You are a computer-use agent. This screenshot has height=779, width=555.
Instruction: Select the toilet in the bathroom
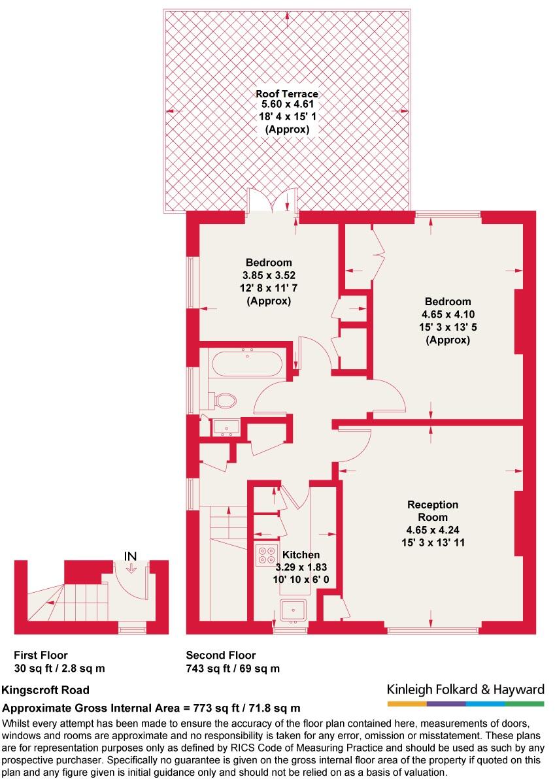point(224,400)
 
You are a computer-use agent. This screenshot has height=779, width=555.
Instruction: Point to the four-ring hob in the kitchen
point(266,554)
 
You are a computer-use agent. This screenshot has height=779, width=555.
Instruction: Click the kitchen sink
point(292,610)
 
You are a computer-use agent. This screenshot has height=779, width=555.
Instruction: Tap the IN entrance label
point(131,556)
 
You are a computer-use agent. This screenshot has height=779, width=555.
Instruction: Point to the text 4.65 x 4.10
point(448,314)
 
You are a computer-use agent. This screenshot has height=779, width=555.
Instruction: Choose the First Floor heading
point(41,655)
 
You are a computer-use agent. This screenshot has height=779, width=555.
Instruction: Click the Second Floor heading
point(221,655)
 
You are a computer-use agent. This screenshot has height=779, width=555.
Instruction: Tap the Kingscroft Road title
point(46,690)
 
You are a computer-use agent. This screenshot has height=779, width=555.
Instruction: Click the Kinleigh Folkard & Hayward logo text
point(465,689)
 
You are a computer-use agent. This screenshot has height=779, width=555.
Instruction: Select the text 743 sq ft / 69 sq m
point(233,669)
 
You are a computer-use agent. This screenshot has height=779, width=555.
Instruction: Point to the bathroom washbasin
point(227,427)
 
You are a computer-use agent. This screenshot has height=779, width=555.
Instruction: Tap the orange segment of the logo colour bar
point(407,704)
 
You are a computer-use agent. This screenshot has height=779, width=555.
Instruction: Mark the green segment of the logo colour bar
point(524,704)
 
